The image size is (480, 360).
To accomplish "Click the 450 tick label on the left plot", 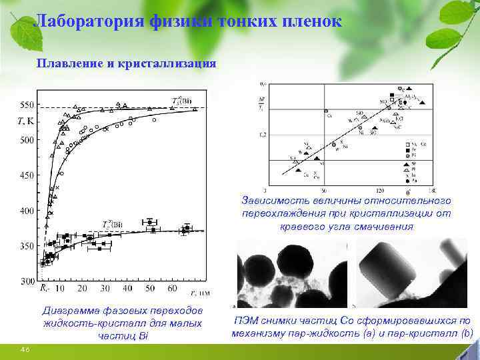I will coord(26,175).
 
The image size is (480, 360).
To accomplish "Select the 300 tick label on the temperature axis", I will coord(26,281).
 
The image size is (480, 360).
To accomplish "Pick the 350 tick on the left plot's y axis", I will coord(26,246).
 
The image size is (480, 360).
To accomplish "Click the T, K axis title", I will coord(26,121).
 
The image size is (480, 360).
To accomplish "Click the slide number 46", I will coord(25,350).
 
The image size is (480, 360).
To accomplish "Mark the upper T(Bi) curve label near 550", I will coord(180,101).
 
